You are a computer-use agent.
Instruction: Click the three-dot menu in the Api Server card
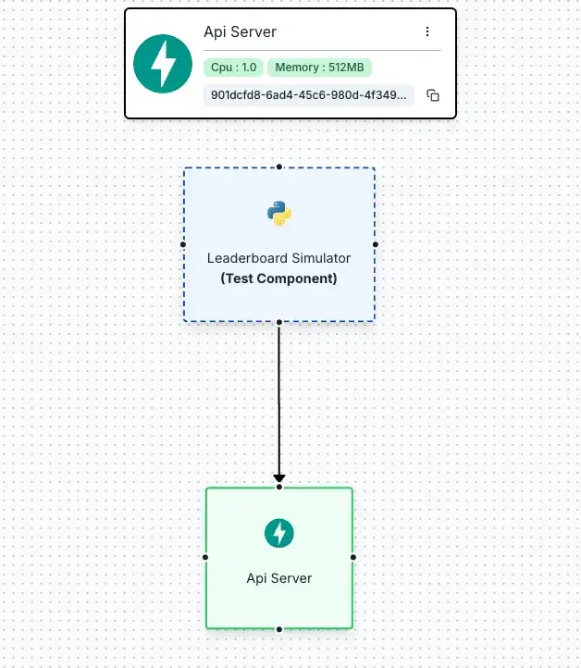pyautogui.click(x=427, y=31)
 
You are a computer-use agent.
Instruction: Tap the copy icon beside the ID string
pyautogui.click(x=433, y=95)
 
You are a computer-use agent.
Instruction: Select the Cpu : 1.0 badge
pyautogui.click(x=233, y=68)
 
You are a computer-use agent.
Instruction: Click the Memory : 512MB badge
pyautogui.click(x=319, y=68)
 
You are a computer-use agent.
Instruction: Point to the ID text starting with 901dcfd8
pyautogui.click(x=308, y=95)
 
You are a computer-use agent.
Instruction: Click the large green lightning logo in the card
pyautogui.click(x=163, y=64)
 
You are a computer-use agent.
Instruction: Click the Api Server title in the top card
pyautogui.click(x=241, y=32)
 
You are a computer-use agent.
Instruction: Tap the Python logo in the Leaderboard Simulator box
pyautogui.click(x=279, y=213)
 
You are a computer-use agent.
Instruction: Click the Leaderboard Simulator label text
pyautogui.click(x=279, y=258)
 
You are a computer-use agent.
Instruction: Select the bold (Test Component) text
pyautogui.click(x=279, y=278)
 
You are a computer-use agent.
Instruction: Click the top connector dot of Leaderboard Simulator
pyautogui.click(x=279, y=167)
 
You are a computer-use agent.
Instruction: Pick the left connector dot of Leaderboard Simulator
pyautogui.click(x=183, y=244)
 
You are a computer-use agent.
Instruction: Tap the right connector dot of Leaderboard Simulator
pyautogui.click(x=376, y=244)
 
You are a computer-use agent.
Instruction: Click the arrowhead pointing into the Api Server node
pyautogui.click(x=279, y=479)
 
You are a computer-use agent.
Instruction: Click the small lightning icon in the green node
pyautogui.click(x=279, y=533)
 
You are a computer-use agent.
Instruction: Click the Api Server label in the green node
pyautogui.click(x=279, y=578)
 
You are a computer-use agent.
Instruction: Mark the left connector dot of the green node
pyautogui.click(x=205, y=557)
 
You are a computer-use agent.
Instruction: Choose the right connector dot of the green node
pyautogui.click(x=353, y=557)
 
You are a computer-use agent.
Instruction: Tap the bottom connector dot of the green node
pyautogui.click(x=279, y=629)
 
